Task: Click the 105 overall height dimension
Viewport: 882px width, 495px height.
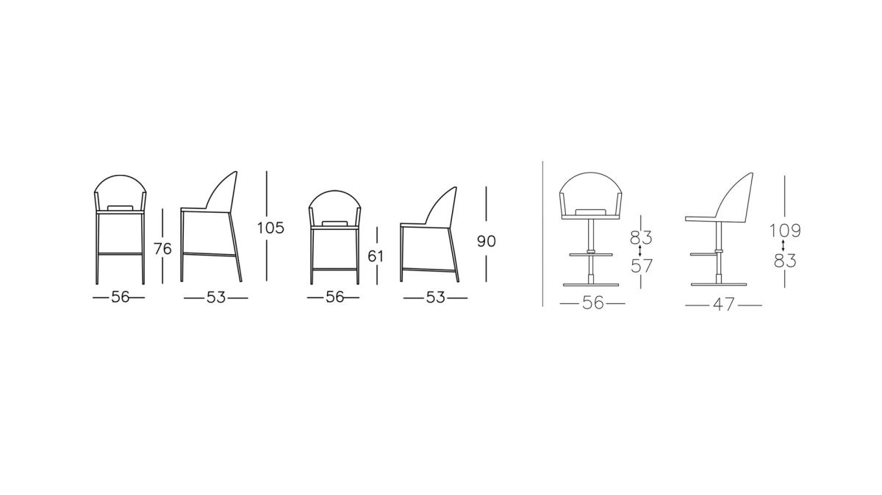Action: point(270,228)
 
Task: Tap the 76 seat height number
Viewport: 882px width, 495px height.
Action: point(162,249)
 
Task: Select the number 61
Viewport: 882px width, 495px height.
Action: point(376,256)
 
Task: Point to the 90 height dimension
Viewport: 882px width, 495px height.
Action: point(487,241)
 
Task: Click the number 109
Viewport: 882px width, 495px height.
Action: point(785,231)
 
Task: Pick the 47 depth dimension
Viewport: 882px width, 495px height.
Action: point(724,305)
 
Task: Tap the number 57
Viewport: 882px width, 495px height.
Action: point(642,266)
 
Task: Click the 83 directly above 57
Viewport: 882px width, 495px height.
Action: point(641,237)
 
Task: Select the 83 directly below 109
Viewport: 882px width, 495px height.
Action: point(785,261)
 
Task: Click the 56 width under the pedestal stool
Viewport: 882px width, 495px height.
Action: point(592,303)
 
